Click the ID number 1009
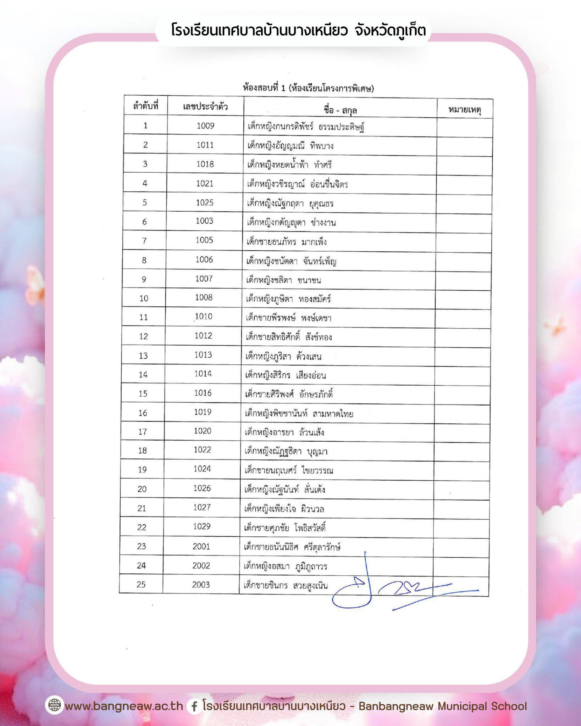tap(206, 126)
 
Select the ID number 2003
tap(201, 585)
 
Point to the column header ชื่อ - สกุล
tap(340, 110)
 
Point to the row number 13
tap(143, 356)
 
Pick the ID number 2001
tap(201, 546)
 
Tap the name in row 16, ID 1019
tap(299, 414)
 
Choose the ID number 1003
tap(204, 221)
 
